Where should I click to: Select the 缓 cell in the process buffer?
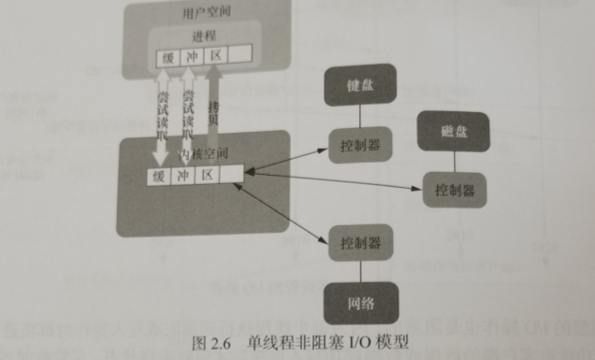[168, 56]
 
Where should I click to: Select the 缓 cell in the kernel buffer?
[160, 176]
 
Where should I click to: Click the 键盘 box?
[355, 87]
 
